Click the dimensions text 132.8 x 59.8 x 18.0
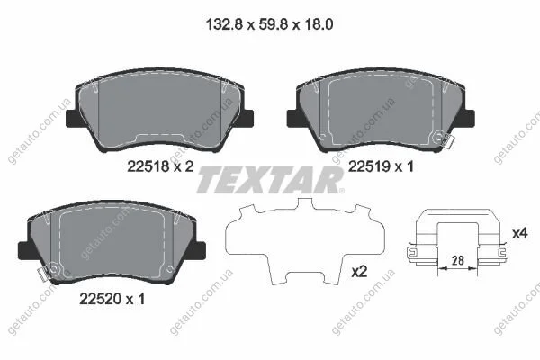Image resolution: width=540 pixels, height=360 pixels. (269, 24)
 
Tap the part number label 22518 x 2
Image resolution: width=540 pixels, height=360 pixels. (160, 166)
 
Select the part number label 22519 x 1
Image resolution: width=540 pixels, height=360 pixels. (381, 166)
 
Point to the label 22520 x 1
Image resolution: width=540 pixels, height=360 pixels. (112, 299)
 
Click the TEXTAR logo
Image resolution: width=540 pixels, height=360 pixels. (270, 180)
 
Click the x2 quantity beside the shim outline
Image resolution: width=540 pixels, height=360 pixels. (359, 272)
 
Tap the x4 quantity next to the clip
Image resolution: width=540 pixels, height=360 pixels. (520, 234)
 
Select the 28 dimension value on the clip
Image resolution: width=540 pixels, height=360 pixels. (458, 260)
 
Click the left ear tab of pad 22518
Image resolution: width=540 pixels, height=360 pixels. (72, 118)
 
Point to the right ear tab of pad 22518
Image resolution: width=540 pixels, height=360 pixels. (247, 118)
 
